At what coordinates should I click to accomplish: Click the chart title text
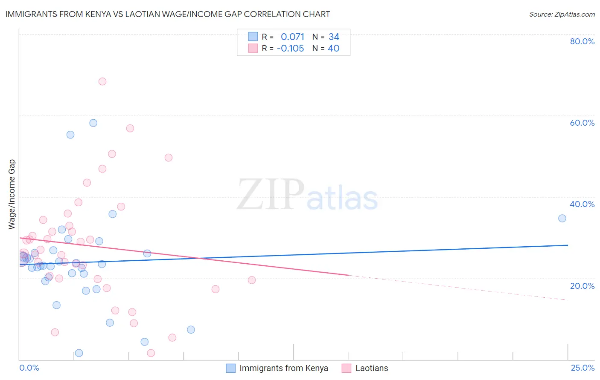point(168,14)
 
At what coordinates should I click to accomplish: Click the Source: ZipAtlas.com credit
point(562,14)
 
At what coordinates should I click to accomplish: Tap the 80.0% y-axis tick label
point(582,41)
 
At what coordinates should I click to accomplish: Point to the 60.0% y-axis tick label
point(582,123)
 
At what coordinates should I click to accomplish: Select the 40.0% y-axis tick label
point(582,204)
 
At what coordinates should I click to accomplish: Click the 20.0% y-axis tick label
point(582,286)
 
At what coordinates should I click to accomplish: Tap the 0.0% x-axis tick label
point(29,368)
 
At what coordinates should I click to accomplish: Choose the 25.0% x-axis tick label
point(583,368)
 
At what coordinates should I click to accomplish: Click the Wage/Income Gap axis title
point(12,194)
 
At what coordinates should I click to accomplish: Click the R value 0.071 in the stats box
point(292,37)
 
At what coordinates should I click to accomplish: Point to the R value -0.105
point(290,49)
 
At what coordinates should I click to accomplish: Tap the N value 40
point(333,49)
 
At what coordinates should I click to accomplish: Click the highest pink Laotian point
point(102,81)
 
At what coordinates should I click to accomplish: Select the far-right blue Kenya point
point(562,218)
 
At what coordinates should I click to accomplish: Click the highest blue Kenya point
point(93,123)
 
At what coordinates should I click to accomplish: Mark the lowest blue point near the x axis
point(79,353)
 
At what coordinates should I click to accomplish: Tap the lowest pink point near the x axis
point(151,353)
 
